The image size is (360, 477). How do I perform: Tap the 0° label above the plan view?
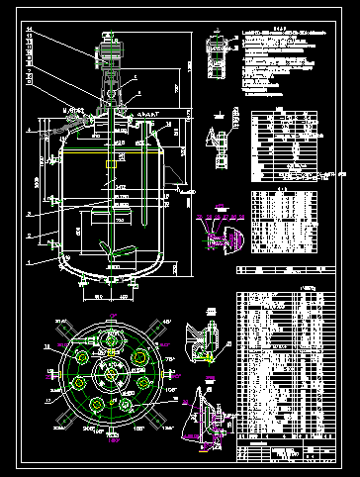click(106, 303)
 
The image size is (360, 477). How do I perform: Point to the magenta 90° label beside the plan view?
click(181, 373)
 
